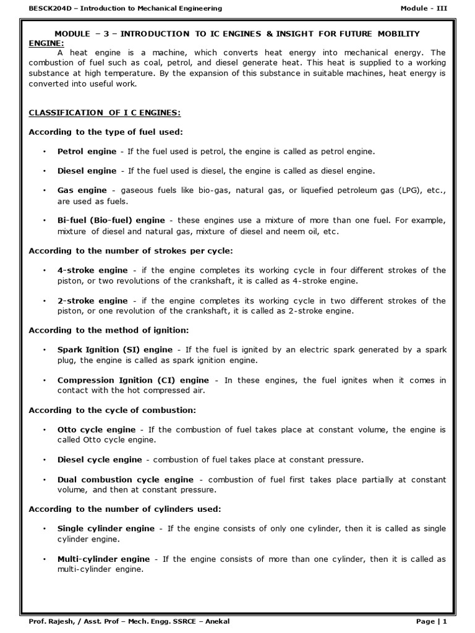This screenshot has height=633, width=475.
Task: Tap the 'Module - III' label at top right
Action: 427,9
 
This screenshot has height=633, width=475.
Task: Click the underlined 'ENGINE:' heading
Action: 46,43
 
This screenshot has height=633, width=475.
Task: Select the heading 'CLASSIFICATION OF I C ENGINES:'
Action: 105,113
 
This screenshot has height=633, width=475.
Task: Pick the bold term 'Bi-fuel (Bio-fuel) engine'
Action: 111,221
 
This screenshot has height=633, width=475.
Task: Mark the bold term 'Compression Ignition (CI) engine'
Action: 133,380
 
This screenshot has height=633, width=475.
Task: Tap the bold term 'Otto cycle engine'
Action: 96,430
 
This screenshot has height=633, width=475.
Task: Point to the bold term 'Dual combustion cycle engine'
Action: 126,480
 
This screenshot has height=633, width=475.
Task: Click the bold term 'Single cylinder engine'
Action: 106,529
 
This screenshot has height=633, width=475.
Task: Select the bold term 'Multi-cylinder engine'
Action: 104,559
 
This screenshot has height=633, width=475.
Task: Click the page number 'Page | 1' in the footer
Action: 430,621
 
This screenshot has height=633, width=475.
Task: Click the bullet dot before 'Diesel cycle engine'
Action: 45,460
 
